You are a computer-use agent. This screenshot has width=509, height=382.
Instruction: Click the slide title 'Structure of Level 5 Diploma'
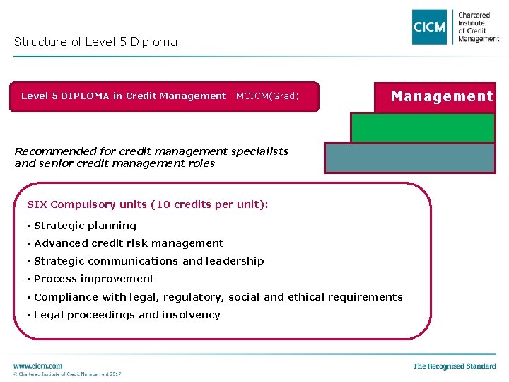[x=95, y=42]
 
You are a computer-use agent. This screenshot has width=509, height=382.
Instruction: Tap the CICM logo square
[x=430, y=27]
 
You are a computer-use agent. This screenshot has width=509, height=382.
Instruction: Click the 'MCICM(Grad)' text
[x=267, y=96]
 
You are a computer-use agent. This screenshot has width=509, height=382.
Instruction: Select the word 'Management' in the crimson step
[x=442, y=96]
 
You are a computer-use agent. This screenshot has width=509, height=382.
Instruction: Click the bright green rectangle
[x=423, y=128]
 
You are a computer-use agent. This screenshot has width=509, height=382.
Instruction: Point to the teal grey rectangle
[x=409, y=158]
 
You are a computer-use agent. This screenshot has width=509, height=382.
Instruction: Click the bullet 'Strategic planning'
[x=85, y=226]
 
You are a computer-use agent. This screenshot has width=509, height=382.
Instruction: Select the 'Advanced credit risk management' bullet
[x=129, y=243]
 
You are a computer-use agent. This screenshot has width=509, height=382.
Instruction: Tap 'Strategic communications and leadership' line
[x=148, y=261]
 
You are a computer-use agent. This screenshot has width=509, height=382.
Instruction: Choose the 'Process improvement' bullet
[x=94, y=279]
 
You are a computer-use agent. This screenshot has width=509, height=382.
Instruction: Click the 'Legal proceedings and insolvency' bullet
[x=127, y=315]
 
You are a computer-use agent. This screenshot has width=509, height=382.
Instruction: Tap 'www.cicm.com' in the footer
[x=37, y=366]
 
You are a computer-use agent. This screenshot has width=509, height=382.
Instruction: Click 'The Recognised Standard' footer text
[x=455, y=366]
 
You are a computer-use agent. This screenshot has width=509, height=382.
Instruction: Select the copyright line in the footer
[x=67, y=374]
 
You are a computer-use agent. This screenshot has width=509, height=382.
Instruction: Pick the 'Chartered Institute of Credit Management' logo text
[x=478, y=27]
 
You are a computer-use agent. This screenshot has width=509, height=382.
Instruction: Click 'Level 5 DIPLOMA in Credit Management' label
[x=123, y=96]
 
